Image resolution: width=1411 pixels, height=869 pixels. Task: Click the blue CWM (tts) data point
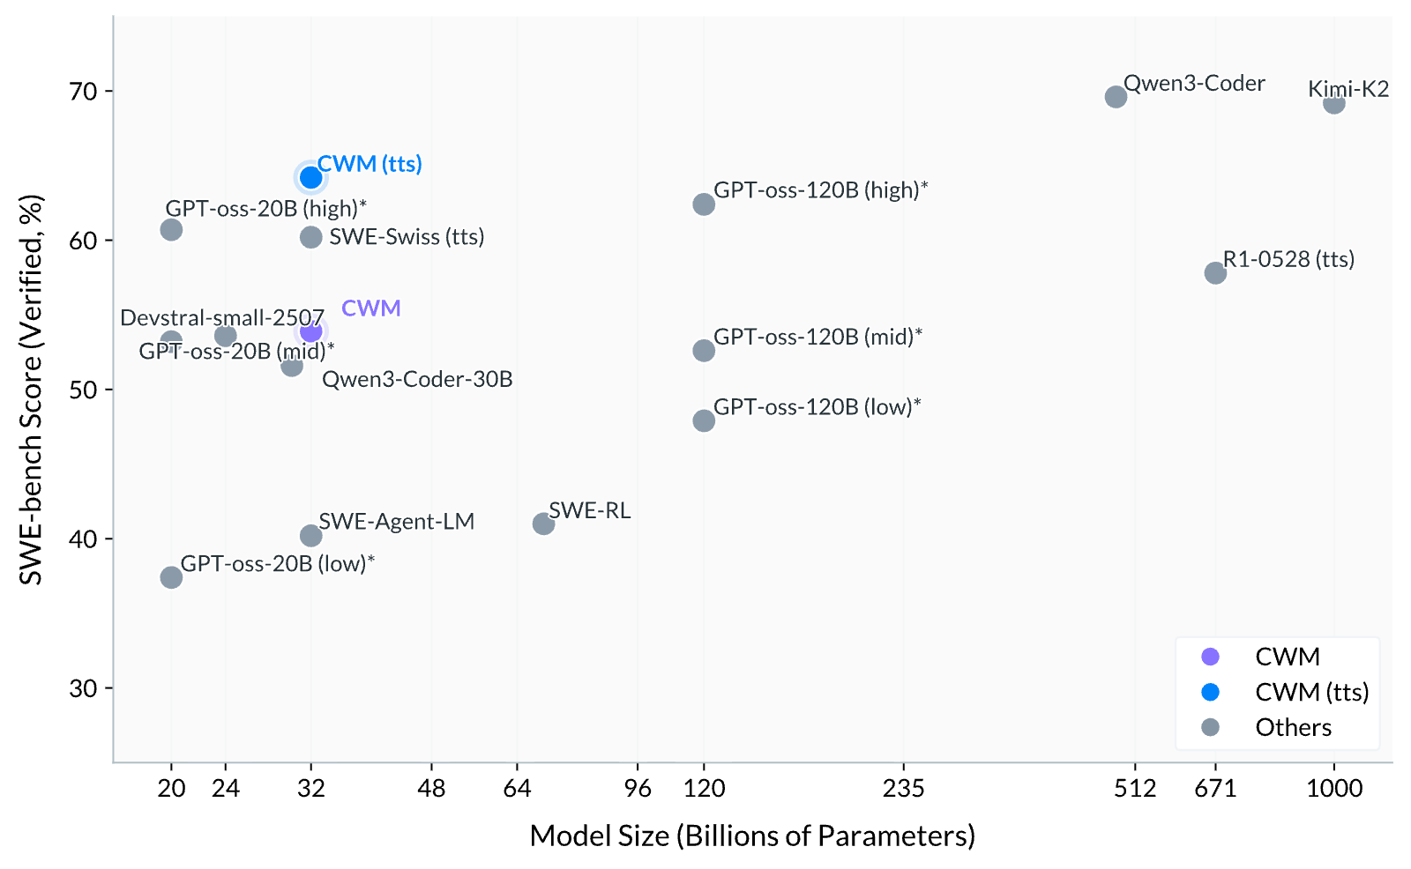pyautogui.click(x=310, y=177)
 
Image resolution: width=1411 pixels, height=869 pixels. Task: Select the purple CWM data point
pyautogui.click(x=310, y=331)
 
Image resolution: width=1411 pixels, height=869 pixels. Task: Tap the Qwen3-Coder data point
pyautogui.click(x=1116, y=97)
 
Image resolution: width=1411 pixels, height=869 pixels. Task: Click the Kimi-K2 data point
pyautogui.click(x=1333, y=102)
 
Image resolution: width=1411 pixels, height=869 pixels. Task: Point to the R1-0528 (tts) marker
pyautogui.click(x=1215, y=272)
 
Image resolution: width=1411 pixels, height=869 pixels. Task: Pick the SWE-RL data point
pyautogui.click(x=543, y=524)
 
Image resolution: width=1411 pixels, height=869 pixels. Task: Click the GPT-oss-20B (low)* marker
pyautogui.click(x=171, y=576)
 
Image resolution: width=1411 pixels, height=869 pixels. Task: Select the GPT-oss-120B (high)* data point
pyautogui.click(x=704, y=204)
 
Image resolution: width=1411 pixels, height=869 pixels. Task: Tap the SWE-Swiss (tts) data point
pyautogui.click(x=310, y=237)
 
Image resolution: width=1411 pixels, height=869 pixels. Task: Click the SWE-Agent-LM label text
pyautogui.click(x=396, y=522)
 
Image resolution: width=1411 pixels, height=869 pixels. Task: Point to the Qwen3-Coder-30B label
pyautogui.click(x=417, y=379)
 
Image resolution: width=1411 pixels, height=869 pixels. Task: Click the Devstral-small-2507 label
pyautogui.click(x=221, y=317)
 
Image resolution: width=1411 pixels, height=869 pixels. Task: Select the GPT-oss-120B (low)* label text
pyautogui.click(x=817, y=407)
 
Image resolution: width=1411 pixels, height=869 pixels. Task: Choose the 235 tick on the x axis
pyautogui.click(x=904, y=788)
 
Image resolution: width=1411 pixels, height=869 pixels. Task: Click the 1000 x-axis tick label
pyautogui.click(x=1334, y=788)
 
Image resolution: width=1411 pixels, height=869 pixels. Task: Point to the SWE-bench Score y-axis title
pyautogui.click(x=30, y=390)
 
